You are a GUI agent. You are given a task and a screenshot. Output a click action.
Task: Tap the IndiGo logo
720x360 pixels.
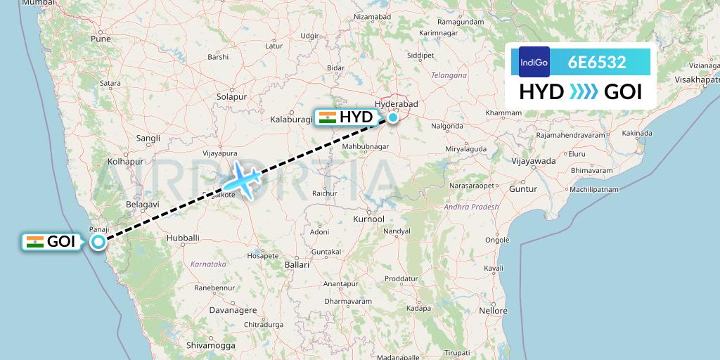(534, 63)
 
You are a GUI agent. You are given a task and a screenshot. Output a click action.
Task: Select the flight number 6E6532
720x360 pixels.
(597, 63)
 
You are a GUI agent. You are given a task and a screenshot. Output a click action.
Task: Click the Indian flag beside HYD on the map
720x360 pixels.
(327, 117)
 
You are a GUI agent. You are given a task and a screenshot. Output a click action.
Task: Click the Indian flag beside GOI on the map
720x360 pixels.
(34, 242)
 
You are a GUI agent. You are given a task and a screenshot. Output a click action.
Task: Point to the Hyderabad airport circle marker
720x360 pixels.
(392, 117)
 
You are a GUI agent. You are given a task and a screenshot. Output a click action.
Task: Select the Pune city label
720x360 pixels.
(100, 40)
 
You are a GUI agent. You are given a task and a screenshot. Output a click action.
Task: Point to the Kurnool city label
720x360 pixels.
(369, 219)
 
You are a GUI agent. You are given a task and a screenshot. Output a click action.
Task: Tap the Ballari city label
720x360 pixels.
(297, 265)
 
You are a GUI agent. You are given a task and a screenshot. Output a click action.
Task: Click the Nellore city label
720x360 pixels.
(492, 310)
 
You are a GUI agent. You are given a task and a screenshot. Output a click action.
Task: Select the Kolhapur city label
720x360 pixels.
(125, 162)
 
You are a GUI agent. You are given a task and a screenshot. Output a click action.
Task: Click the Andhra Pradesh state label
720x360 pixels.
(471, 207)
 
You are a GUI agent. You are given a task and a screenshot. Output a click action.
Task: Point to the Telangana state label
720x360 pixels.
(449, 75)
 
